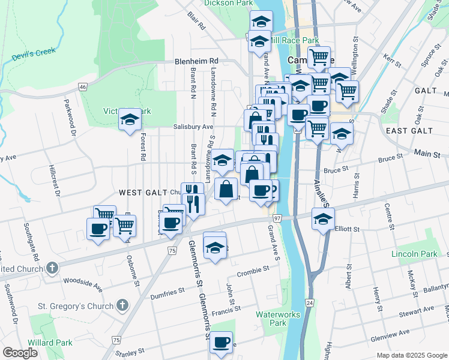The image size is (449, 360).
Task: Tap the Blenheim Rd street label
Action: [196, 61]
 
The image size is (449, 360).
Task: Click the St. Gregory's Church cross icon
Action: [123, 306]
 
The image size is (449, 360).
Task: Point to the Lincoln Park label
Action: [414, 254]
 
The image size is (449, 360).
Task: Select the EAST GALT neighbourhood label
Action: [409, 131]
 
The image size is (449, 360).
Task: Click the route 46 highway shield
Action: [82, 87]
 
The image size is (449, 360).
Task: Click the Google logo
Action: [20, 353]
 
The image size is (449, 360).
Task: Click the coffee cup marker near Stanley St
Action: [221, 342]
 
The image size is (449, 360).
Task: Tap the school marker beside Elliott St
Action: [323, 219]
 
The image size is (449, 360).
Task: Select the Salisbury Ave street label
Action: [193, 127]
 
